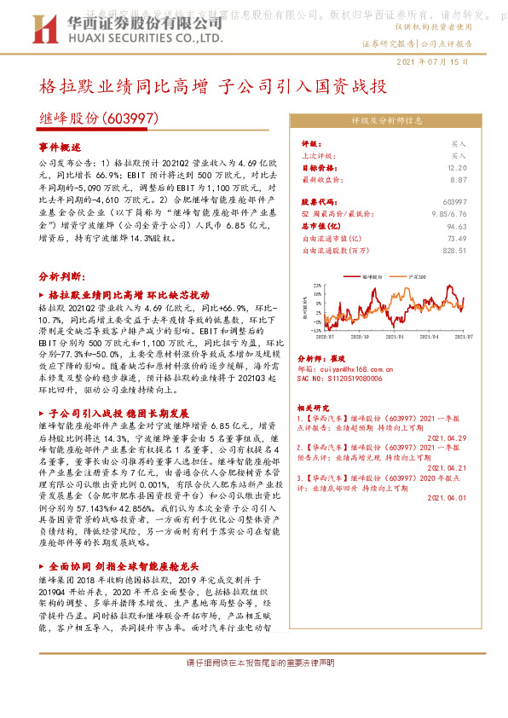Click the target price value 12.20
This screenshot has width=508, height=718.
coord(458,168)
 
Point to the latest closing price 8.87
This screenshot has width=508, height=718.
coord(459,180)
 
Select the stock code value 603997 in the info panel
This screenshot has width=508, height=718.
coord(455,201)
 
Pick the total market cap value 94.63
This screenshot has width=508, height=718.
coord(456,227)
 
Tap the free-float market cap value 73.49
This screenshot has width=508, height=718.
coord(456,239)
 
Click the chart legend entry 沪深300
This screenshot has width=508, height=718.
coord(418,277)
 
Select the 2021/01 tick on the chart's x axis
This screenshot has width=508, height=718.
coord(397,336)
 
